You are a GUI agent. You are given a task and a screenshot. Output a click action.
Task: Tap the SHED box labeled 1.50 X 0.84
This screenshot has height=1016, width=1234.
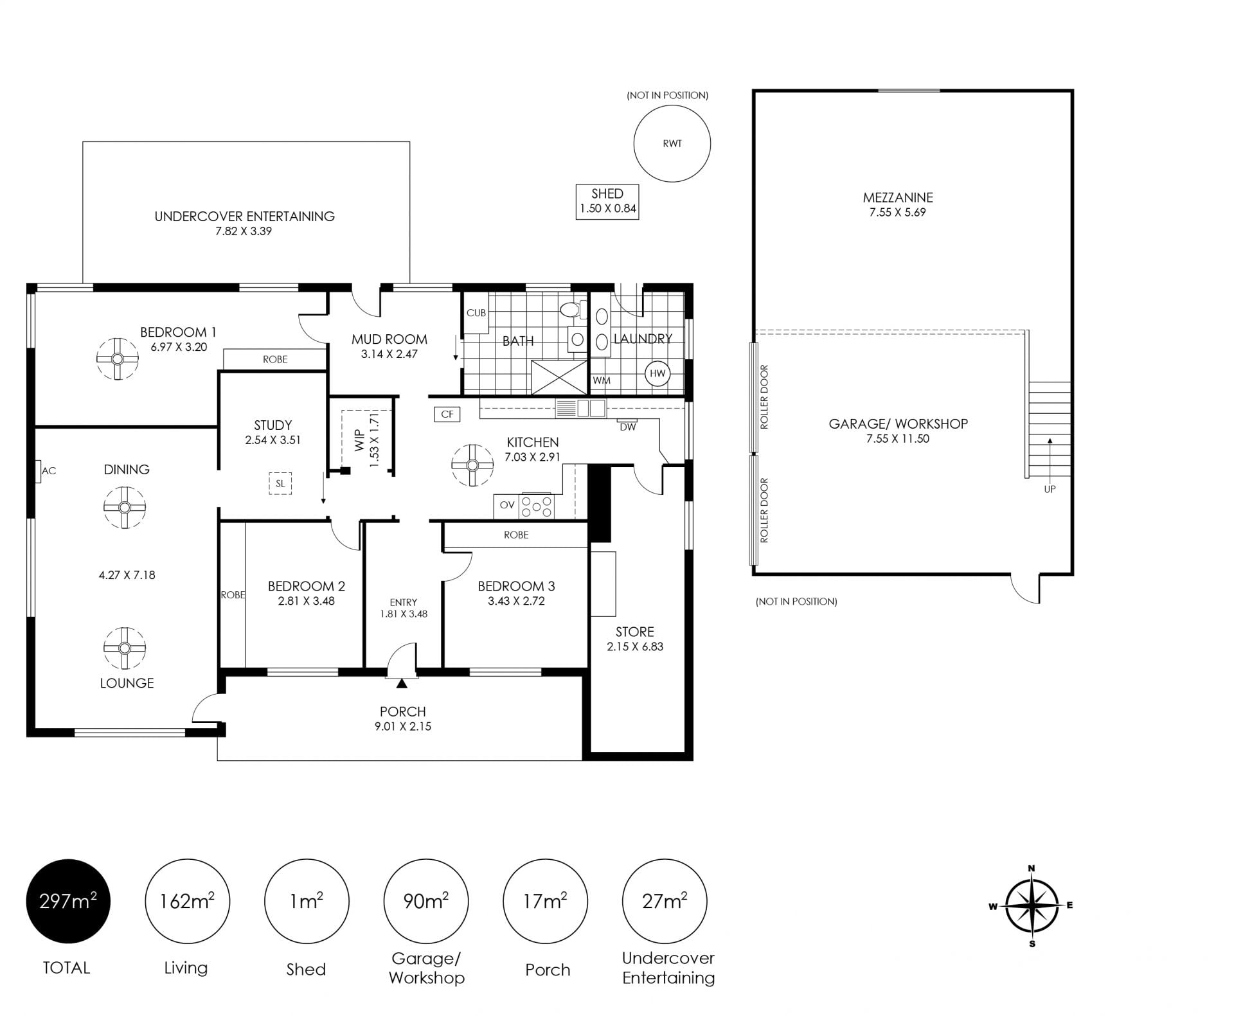607,202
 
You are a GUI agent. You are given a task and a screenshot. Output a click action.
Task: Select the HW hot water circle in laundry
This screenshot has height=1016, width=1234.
657,373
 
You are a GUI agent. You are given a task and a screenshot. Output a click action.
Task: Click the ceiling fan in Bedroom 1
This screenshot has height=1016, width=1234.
117,359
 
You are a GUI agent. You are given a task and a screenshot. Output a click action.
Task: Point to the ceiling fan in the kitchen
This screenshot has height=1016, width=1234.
472,465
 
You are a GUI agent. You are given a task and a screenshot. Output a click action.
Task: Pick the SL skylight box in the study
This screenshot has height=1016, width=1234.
280,483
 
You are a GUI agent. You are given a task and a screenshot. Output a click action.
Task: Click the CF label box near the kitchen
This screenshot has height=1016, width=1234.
447,414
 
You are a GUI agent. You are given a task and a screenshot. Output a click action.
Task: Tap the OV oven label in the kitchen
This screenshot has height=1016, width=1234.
507,505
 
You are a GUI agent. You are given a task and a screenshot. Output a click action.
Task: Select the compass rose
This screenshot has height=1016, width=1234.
1032,906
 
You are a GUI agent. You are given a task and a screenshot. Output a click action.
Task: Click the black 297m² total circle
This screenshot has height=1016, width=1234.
68,901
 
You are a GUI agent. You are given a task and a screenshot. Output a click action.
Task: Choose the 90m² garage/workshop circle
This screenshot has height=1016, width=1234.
426,901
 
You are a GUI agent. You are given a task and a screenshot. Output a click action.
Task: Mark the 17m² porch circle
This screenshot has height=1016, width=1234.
545,901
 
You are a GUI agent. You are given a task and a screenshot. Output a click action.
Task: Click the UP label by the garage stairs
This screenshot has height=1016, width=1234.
1050,489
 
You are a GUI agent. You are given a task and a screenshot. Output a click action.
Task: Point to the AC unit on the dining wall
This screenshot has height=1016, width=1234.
39,471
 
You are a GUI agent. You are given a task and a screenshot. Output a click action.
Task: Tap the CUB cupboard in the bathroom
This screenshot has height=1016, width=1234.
476,313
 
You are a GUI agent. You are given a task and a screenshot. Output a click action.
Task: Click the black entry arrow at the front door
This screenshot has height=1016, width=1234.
402,683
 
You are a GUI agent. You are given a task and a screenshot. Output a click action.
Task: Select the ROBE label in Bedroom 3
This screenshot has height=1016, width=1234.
516,535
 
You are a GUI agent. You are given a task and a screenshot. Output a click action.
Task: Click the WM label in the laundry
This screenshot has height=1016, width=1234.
602,380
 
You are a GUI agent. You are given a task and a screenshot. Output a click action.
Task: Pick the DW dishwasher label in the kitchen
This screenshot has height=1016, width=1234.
628,427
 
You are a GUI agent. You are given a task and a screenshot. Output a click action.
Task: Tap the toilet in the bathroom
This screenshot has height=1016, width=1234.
571,310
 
